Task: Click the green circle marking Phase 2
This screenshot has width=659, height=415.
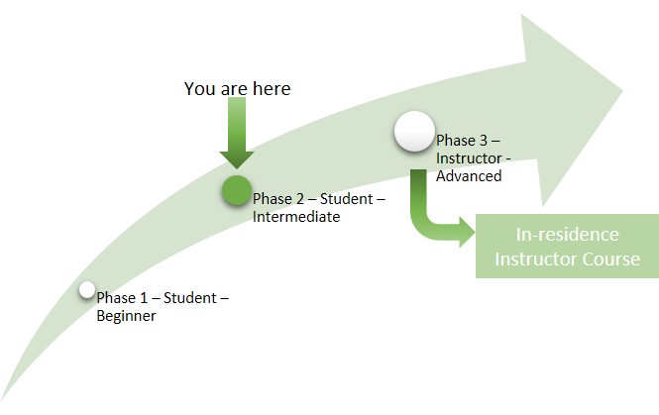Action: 236,190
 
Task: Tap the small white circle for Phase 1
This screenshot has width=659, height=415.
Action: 87,290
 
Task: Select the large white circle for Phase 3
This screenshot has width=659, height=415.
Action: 413,133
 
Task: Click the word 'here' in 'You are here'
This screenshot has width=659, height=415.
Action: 271,89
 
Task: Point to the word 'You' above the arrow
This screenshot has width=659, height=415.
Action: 199,89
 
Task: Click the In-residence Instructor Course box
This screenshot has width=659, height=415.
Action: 567,247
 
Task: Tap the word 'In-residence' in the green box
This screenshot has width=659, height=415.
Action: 568,235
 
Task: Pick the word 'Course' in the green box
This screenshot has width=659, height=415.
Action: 611,259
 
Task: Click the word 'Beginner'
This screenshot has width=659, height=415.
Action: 127,317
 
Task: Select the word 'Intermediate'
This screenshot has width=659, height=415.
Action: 296,217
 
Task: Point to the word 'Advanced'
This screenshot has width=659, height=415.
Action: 469,176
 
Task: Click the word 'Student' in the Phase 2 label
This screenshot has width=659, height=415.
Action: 347,200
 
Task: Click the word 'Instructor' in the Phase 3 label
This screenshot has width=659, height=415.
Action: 469,159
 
